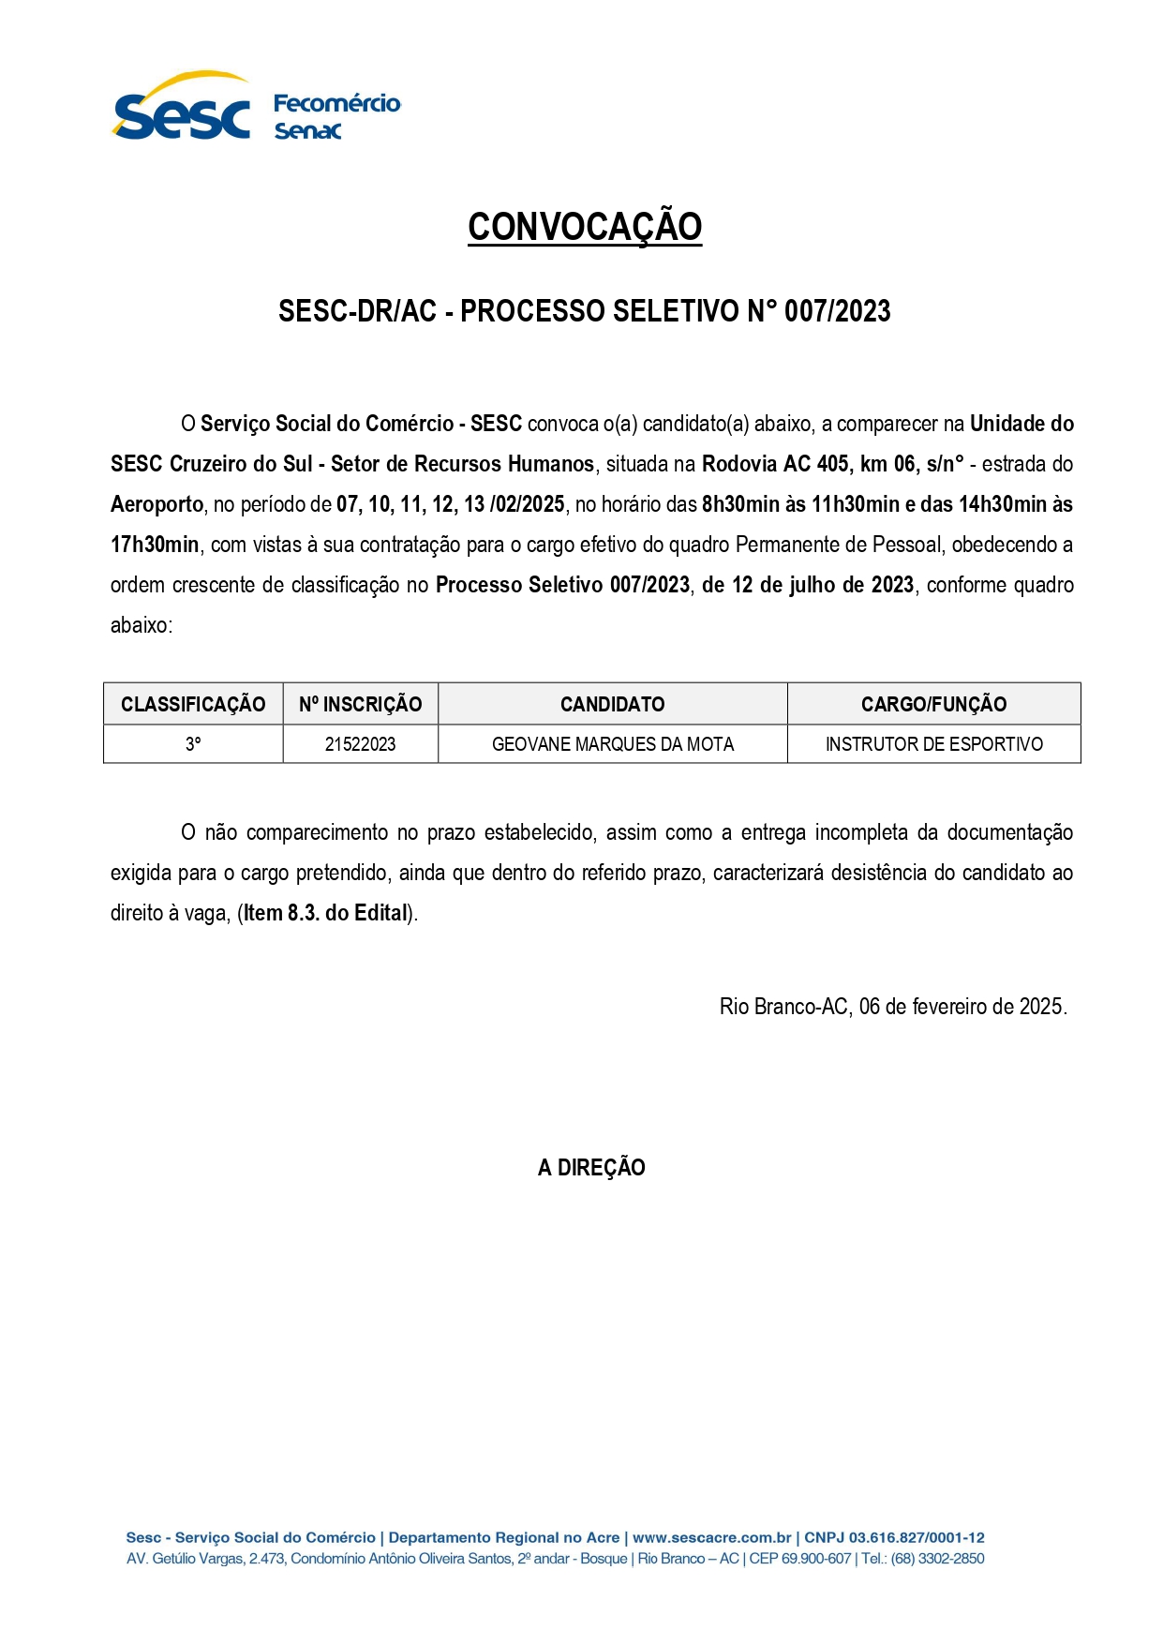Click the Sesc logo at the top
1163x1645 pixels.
tap(181, 109)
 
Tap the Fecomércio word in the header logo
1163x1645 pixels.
tap(336, 103)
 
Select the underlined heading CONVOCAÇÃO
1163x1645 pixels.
tap(585, 227)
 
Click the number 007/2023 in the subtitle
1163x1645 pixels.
tap(837, 311)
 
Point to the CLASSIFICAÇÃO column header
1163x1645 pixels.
tap(193, 704)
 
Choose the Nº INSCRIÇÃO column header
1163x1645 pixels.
tap(360, 704)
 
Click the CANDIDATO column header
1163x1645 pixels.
tap(612, 704)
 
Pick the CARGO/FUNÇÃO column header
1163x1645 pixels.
tap(933, 704)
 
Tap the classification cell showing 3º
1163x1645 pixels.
tap(193, 744)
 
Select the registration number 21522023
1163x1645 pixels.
tap(360, 744)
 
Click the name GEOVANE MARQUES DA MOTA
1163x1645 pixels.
tap(612, 744)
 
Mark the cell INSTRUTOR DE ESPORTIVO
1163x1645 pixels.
tap(933, 744)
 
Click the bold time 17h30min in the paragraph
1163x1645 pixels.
tap(155, 545)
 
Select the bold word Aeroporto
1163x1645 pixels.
tap(157, 504)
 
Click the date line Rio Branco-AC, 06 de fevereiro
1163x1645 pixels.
tap(892, 1007)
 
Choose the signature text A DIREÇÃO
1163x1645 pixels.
tap(591, 1168)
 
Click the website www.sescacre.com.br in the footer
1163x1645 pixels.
tap(711, 1537)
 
